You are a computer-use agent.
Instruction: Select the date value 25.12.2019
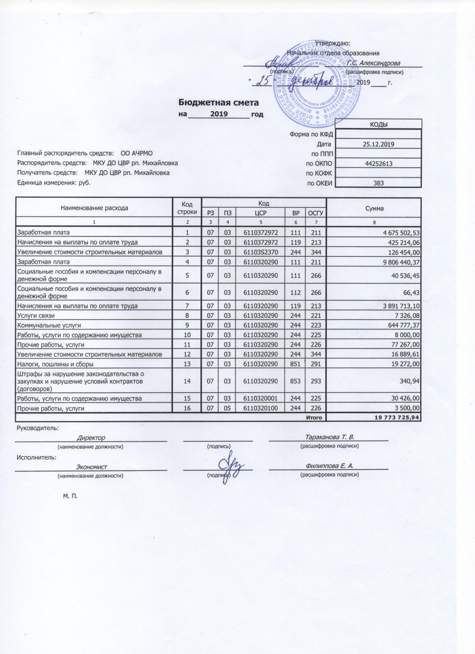tap(377, 144)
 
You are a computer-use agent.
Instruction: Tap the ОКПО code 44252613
tap(377, 163)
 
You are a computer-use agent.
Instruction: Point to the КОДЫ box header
tap(377, 124)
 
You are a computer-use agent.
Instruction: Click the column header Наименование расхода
tap(94, 208)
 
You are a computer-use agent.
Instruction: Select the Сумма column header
tap(374, 208)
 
